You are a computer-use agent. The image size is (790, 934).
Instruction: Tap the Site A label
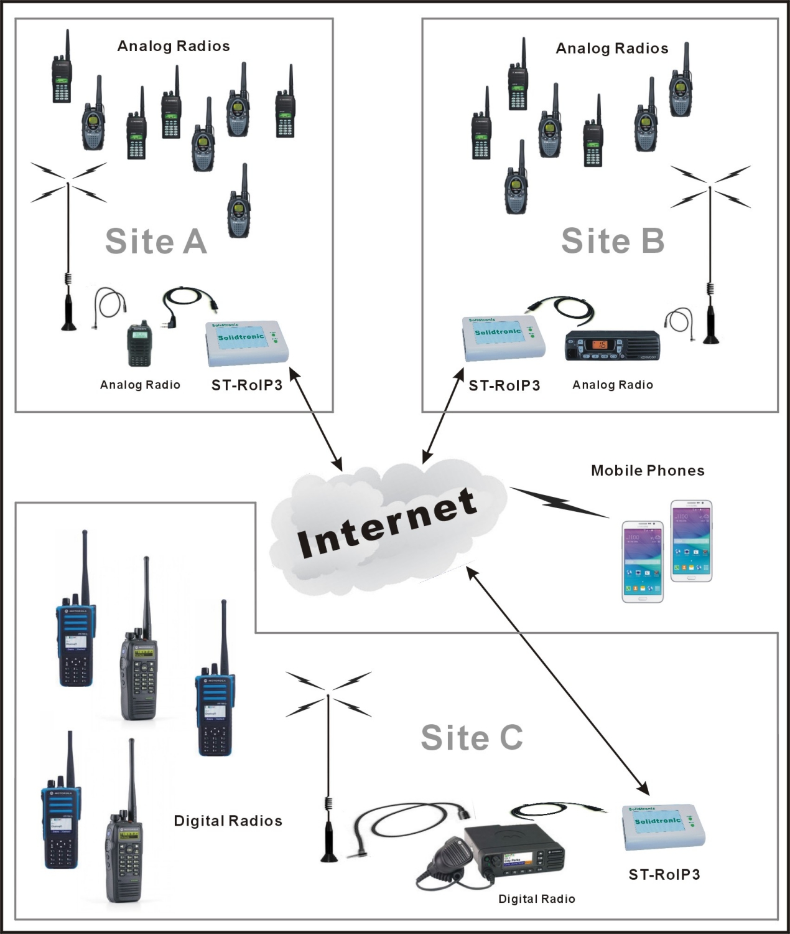coord(156,241)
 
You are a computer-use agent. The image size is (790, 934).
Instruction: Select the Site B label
coord(613,241)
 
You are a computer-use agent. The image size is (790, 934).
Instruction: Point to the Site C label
coord(472,738)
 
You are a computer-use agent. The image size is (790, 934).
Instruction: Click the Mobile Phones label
coord(648,471)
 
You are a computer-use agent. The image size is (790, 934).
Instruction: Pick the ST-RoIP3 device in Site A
coord(248,342)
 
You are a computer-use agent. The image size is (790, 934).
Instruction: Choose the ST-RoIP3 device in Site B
coord(504,338)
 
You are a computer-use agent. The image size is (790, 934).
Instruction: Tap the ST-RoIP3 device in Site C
coord(664,828)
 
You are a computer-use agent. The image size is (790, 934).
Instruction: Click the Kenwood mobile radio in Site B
coord(611,346)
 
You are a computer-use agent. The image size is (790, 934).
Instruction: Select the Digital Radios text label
coord(228,821)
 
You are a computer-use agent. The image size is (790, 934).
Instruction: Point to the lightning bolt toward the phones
coord(559,502)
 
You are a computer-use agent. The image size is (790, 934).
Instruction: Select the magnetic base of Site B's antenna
coord(710,337)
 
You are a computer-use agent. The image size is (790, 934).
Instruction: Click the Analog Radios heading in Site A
coord(174,46)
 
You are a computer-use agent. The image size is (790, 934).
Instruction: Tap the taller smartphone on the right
coord(690,540)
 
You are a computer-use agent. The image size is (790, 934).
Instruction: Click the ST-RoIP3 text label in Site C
coord(664,875)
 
